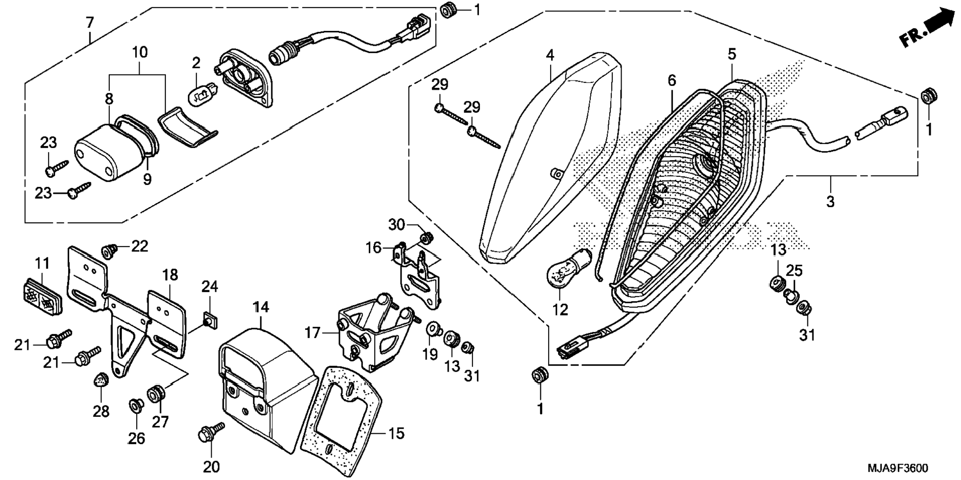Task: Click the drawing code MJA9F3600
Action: (897, 468)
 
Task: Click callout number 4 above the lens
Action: (550, 55)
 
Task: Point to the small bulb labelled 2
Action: (201, 93)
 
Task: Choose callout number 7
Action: (89, 23)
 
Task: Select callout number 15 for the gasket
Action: (397, 433)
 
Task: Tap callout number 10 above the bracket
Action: (140, 52)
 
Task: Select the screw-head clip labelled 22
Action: (108, 251)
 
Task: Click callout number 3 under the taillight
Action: (830, 201)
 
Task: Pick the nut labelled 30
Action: (425, 238)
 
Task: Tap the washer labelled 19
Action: (433, 328)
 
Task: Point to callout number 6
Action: (672, 80)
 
